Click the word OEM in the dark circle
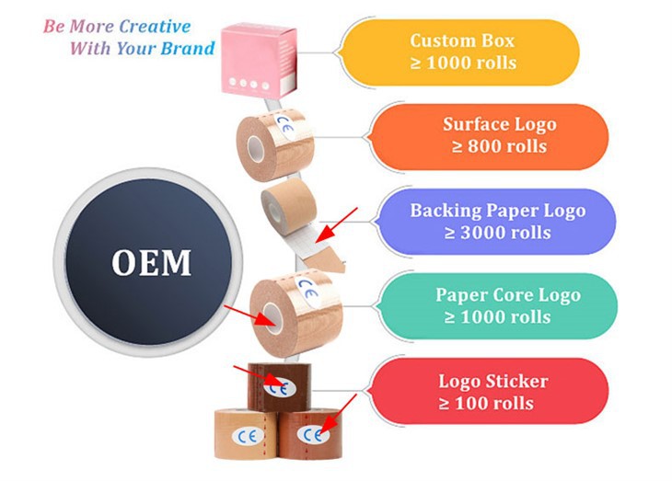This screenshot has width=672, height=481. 152,263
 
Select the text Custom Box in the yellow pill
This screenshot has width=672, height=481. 463,41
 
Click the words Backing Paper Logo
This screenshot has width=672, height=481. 497,211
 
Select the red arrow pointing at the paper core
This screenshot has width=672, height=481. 249,315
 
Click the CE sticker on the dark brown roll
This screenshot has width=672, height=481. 276,386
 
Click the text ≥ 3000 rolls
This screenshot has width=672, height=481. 497,232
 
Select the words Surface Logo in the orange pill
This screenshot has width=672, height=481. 499,125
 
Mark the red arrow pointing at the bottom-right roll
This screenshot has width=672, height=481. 340,408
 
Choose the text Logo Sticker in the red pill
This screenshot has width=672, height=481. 493,382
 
